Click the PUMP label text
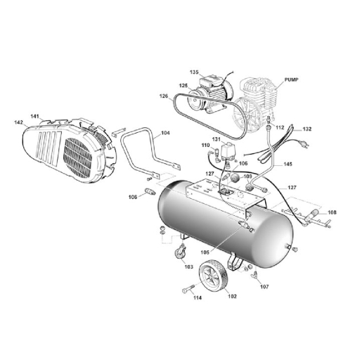coord(291,79)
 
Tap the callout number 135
coord(194,72)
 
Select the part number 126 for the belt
coord(164,96)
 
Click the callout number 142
coord(18,122)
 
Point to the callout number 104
coord(165,133)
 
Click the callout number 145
coord(288,164)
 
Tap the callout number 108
coord(332,212)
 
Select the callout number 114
coord(198,297)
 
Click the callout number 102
coord(232,296)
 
